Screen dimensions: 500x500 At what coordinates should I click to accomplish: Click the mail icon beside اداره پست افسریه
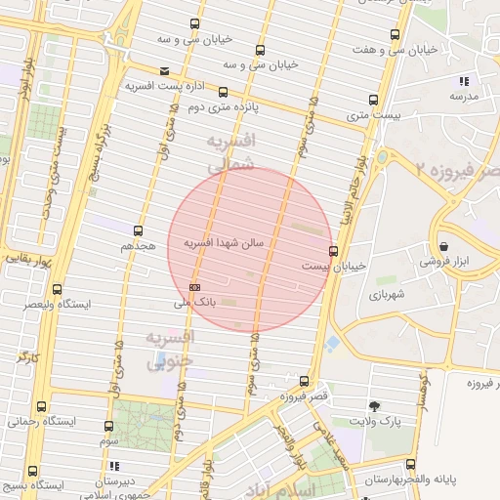163,70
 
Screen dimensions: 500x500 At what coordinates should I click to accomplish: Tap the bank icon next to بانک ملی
195,287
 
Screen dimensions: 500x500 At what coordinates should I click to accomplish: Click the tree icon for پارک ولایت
374,405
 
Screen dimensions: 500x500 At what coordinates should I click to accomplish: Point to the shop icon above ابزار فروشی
444,246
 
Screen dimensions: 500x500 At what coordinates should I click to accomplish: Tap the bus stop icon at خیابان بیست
335,251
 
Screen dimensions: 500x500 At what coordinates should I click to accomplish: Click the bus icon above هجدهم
138,231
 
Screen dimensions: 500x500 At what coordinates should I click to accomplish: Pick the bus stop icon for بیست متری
373,100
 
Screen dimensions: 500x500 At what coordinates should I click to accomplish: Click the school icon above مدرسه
463,81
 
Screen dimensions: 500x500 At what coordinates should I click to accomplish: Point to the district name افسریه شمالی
231,154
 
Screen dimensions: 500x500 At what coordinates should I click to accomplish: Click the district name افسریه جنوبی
170,350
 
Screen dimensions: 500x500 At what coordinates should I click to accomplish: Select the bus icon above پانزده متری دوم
223,93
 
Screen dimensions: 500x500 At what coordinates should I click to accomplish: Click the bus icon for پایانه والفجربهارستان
410,463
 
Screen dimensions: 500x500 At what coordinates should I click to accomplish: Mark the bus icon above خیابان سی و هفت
395,35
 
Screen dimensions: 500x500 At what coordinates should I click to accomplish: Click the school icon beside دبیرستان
114,466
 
